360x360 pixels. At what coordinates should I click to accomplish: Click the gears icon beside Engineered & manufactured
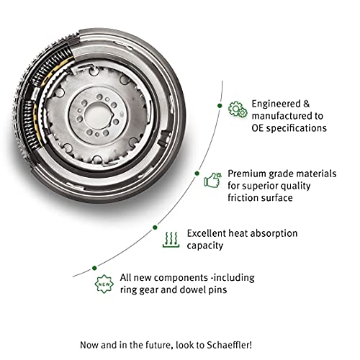[x=235, y=109]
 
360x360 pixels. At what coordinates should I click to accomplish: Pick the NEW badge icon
[x=103, y=284]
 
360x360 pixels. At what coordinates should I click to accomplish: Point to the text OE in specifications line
[x=257, y=128]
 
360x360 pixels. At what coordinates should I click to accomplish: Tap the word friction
[x=243, y=198]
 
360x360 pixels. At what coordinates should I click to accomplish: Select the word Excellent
[x=208, y=233]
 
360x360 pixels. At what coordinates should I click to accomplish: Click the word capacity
[x=207, y=246]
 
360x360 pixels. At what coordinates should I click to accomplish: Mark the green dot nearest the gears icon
[x=219, y=105]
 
